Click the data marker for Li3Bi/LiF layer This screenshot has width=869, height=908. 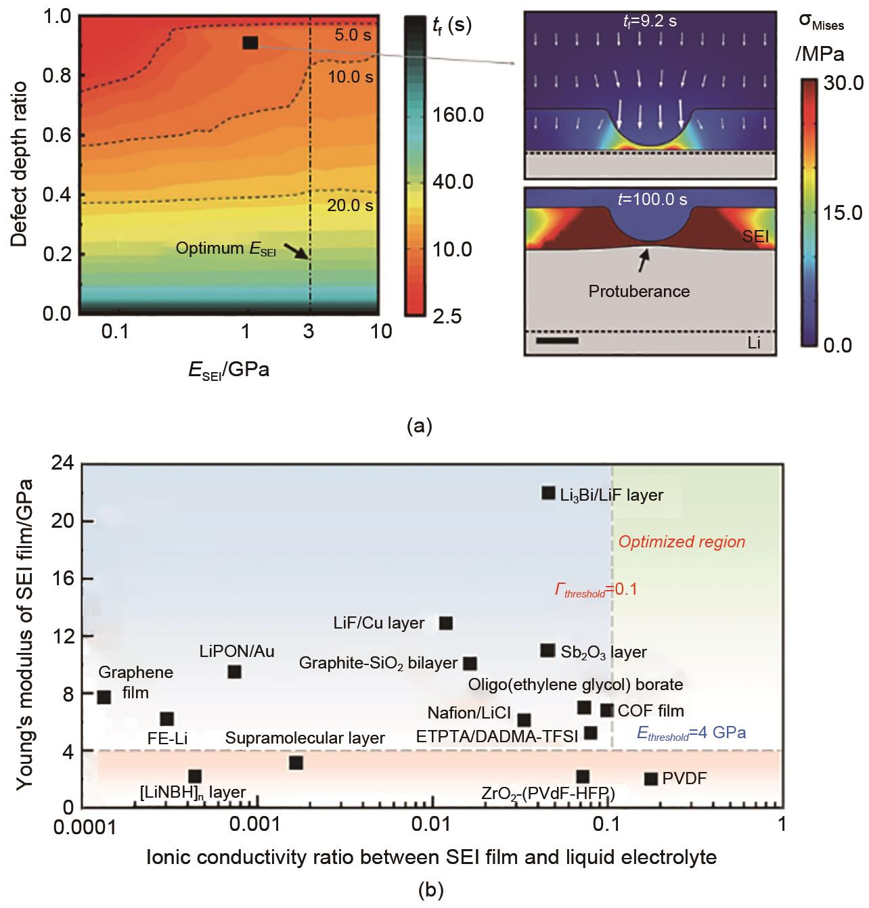click(x=548, y=493)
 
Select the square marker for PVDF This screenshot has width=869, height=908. click(x=651, y=779)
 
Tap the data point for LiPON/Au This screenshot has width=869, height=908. click(x=234, y=672)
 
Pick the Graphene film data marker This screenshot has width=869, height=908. click(x=104, y=697)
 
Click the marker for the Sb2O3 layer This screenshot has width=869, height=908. click(x=548, y=650)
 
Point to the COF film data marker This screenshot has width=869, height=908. click(x=606, y=710)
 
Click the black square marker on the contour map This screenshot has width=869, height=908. click(x=250, y=43)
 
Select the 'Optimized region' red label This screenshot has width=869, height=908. click(x=682, y=542)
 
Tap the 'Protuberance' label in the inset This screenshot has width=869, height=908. click(x=639, y=292)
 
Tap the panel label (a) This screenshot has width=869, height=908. click(x=418, y=426)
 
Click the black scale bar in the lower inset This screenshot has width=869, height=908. click(x=557, y=340)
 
